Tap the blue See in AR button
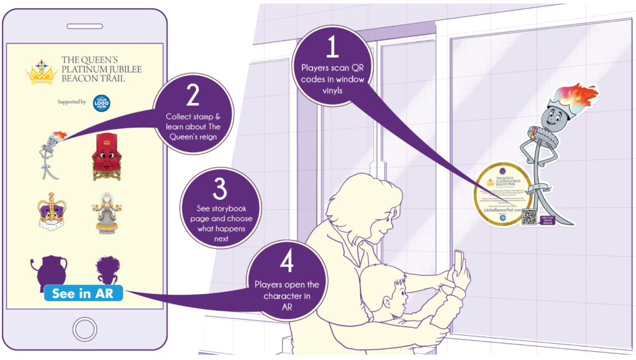click(x=83, y=293)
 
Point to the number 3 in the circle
click(x=219, y=188)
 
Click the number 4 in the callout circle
click(x=286, y=263)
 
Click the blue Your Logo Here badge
click(x=101, y=102)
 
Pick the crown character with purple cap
click(x=51, y=212)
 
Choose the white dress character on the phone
click(x=106, y=212)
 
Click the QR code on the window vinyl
click(x=529, y=218)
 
